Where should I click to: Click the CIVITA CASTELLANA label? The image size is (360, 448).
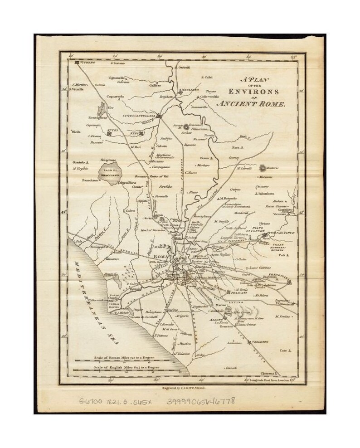tap(139, 116)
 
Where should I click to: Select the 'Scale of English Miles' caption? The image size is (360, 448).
tap(126, 368)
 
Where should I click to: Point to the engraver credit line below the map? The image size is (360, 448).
tap(180, 388)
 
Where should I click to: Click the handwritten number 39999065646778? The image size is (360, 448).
tap(202, 401)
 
